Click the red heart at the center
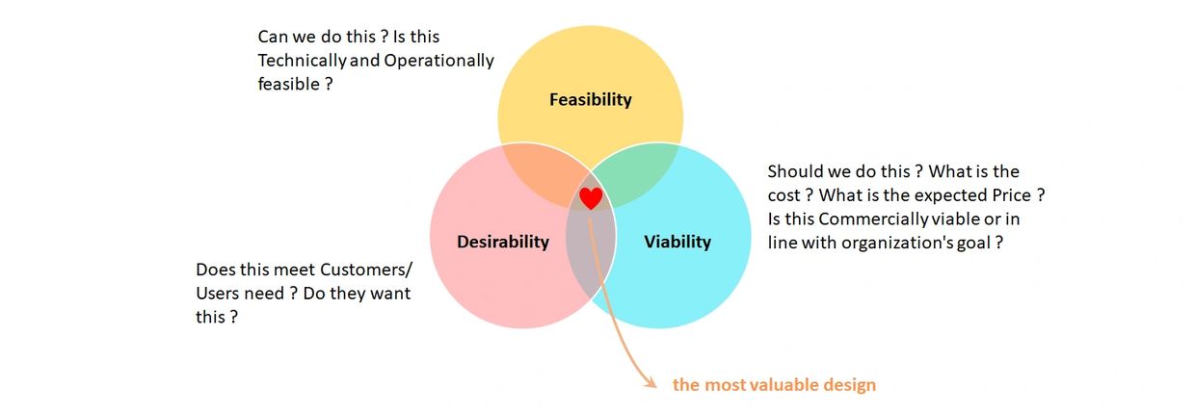591,197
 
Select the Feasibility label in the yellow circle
591,100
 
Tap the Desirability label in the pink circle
503,242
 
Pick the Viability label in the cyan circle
677,242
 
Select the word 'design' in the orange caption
849,385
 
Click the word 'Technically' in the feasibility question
302,61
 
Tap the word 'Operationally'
439,61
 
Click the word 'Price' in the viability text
1012,195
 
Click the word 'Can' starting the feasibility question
272,37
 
